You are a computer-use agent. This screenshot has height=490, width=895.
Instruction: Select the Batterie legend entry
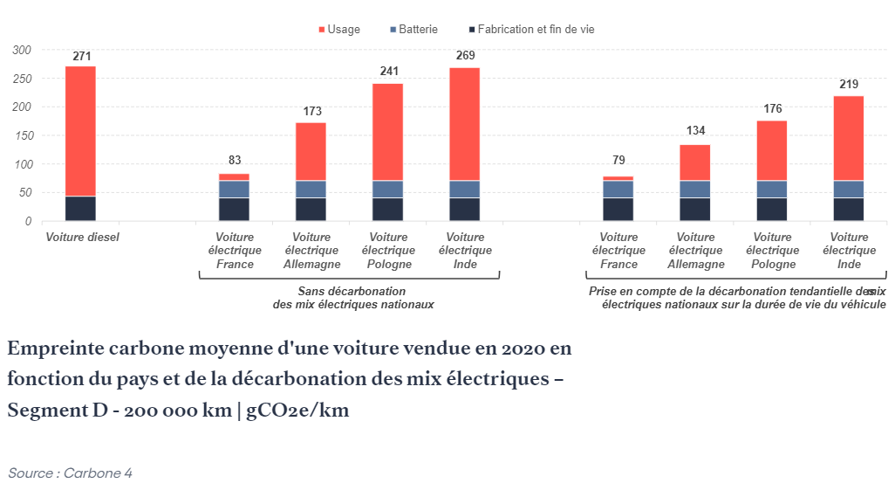[414, 30]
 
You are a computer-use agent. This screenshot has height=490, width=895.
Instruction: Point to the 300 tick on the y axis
[22, 50]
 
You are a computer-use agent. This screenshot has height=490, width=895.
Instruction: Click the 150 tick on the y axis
[22, 135]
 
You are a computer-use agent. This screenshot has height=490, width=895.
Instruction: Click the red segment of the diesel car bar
[80, 131]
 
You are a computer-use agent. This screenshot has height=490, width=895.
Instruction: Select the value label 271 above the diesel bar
[81, 56]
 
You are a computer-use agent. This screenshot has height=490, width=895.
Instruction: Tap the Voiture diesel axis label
[82, 238]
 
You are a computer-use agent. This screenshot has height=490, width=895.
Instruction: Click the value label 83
[234, 160]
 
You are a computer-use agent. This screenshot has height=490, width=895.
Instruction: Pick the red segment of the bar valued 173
[311, 152]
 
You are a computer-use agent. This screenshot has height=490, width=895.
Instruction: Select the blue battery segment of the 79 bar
[618, 189]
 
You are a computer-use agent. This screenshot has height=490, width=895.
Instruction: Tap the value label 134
[695, 131]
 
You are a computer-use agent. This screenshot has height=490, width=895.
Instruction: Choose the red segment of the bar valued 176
[772, 150]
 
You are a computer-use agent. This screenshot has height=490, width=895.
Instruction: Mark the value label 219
[849, 84]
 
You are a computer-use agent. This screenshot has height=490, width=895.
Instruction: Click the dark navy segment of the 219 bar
[849, 210]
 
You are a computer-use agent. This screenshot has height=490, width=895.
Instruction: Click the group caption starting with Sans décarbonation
[352, 298]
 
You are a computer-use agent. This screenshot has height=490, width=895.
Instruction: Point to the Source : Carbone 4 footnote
[70, 473]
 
